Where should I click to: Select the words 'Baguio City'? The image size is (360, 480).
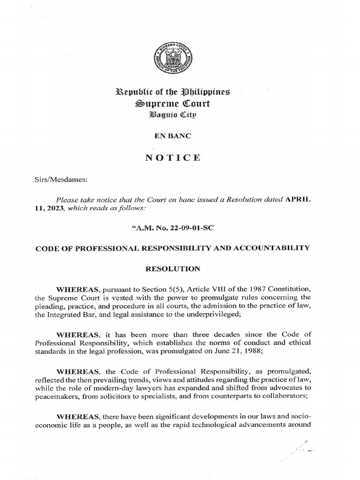click(x=180, y=113)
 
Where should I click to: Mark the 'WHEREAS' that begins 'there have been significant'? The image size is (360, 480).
click(x=75, y=416)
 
